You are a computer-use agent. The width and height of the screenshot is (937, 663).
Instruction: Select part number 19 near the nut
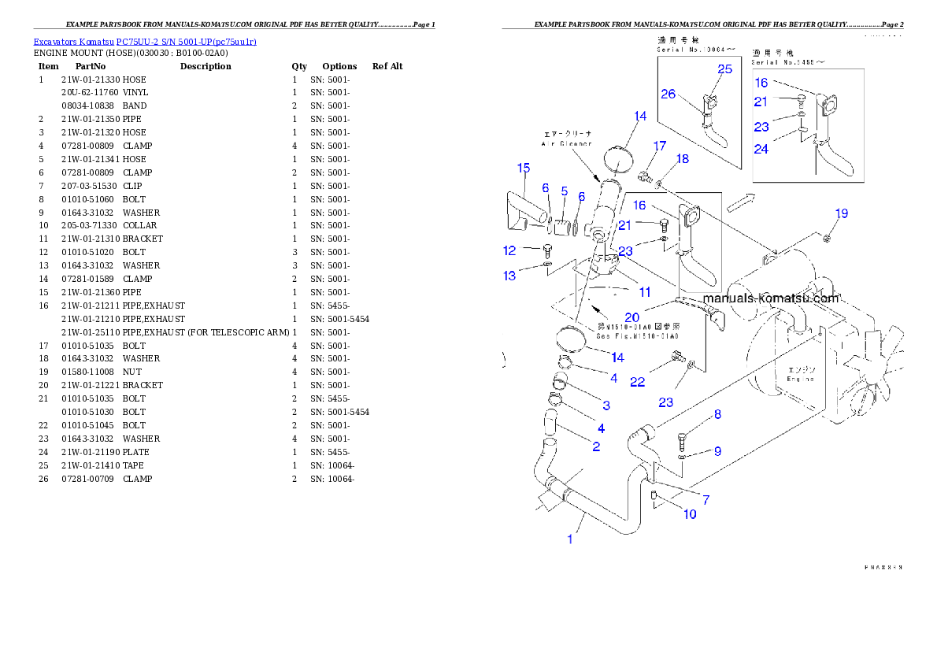842,213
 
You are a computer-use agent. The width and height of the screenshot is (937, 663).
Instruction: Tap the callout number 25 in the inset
724,69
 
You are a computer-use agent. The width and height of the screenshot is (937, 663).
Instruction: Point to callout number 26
668,94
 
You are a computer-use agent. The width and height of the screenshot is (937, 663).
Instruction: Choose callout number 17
659,146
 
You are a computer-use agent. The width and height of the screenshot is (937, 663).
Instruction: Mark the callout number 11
644,292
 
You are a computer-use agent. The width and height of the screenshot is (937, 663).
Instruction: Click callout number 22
637,382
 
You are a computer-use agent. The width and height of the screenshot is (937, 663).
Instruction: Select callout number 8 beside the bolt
717,414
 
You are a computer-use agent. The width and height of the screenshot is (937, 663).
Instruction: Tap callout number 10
689,514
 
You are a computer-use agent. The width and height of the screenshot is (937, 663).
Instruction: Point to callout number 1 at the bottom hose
571,539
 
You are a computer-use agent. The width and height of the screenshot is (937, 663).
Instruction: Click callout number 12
509,250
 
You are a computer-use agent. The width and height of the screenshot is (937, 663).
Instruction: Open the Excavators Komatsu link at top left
145,41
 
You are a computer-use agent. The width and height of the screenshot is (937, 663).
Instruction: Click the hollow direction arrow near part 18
740,202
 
